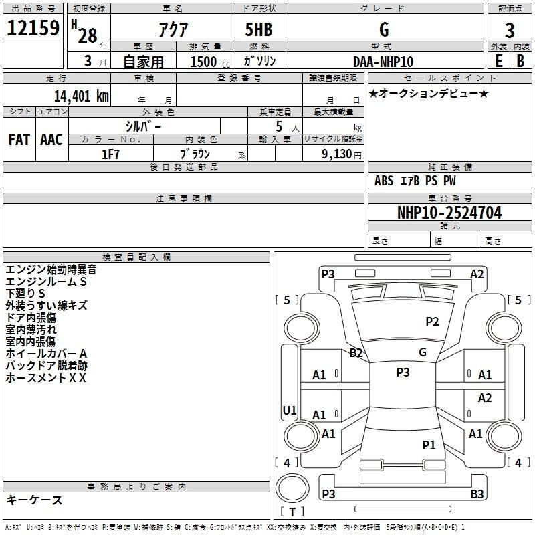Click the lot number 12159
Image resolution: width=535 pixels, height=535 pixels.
(33, 28)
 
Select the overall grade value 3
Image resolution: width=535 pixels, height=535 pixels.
(510, 31)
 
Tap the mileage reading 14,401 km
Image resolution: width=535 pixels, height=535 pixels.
(82, 96)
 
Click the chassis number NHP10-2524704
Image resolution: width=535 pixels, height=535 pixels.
(449, 213)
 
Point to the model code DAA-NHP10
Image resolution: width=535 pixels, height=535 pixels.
(383, 62)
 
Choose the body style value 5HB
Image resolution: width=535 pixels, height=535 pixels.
(259, 29)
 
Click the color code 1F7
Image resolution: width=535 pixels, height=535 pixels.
(110, 154)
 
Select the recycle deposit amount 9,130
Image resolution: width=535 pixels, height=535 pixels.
(337, 154)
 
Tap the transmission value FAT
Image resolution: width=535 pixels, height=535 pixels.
(19, 140)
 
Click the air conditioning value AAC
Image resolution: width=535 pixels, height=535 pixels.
(51, 140)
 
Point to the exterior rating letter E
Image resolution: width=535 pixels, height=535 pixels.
(498, 61)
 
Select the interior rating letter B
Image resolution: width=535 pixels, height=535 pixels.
(521, 61)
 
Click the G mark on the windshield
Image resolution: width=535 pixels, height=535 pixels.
(423, 352)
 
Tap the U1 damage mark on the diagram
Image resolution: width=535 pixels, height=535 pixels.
(290, 410)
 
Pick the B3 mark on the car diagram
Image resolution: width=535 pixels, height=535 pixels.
(477, 494)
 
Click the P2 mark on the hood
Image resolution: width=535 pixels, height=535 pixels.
(432, 322)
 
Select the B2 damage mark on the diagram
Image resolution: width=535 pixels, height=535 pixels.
(356, 353)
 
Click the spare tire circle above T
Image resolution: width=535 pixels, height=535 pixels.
(292, 488)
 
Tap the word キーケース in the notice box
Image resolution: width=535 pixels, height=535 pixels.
(35, 500)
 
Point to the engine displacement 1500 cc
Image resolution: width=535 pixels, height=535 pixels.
(210, 62)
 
